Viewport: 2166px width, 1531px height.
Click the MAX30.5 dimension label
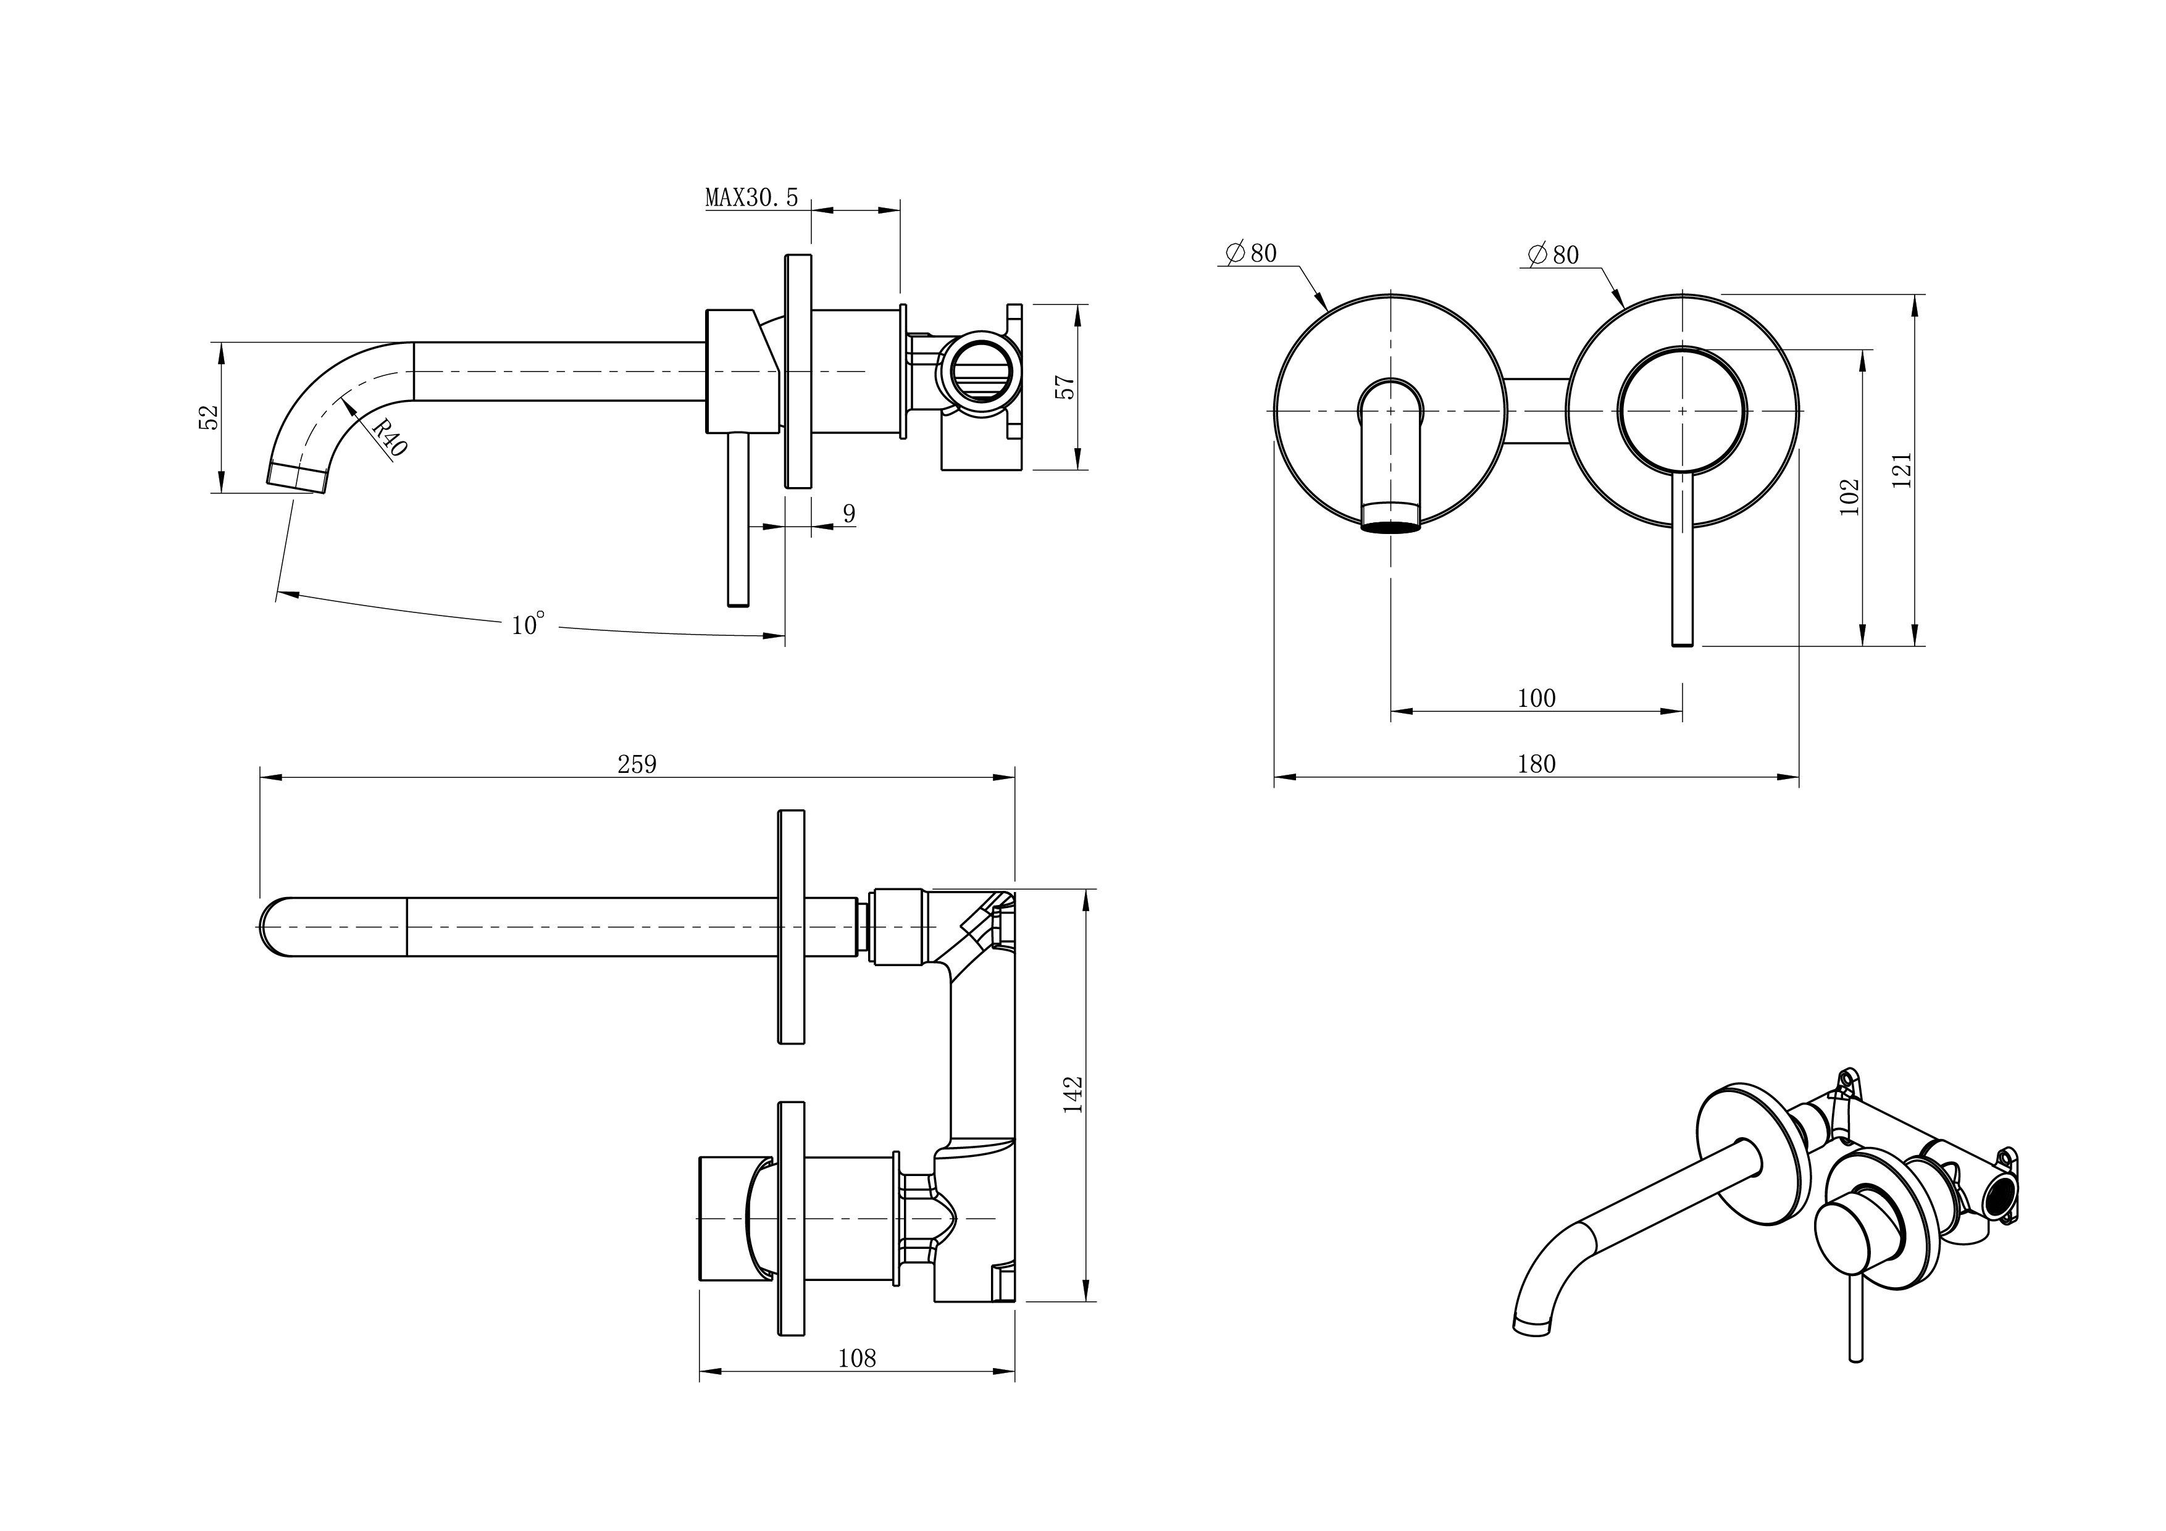tap(751, 197)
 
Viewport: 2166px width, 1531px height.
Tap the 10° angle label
tap(529, 625)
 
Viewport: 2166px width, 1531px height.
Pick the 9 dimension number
tap(849, 514)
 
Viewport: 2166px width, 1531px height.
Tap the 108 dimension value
tap(856, 1358)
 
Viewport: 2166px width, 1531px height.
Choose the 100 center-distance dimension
tap(1536, 698)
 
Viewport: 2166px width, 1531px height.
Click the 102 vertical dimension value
tap(1850, 497)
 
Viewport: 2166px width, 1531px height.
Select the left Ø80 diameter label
tap(1251, 253)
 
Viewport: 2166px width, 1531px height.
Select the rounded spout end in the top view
tap(273, 927)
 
